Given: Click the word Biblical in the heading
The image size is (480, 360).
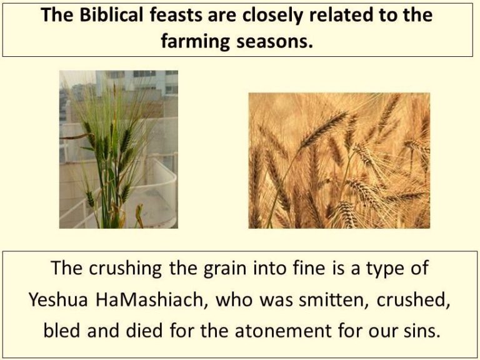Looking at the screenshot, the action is (111, 14).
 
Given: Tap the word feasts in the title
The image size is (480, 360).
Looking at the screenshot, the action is (176, 14).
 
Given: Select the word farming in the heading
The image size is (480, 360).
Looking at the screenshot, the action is (195, 41).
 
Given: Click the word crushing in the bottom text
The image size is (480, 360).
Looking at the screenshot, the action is (125, 268).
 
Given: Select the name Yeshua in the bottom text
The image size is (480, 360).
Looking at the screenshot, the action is (58, 299).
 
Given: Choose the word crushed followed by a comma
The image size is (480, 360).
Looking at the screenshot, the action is (414, 299).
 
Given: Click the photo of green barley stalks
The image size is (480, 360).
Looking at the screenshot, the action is (119, 149).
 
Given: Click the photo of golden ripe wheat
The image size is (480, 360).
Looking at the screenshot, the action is (339, 161).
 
